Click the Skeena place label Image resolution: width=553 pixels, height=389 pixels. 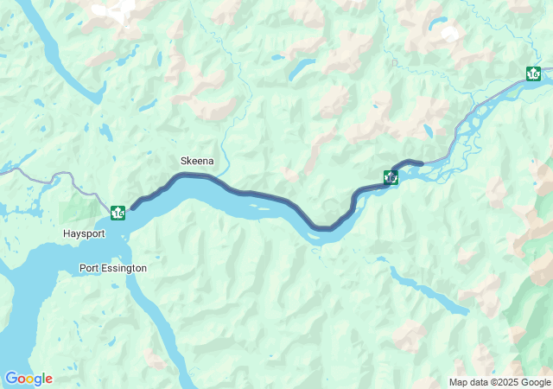tap(197, 161)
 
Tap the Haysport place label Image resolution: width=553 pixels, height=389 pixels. tap(84, 233)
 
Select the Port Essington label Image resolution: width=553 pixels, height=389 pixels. tap(112, 268)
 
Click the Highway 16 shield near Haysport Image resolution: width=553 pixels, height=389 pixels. tap(118, 211)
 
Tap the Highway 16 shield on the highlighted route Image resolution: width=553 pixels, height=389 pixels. tap(391, 177)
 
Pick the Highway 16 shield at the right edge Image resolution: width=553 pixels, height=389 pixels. tap(534, 73)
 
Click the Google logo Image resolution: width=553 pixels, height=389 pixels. tap(29, 379)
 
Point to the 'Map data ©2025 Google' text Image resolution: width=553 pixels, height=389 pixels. tap(499, 382)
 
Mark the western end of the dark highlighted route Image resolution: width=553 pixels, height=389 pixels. tap(132, 207)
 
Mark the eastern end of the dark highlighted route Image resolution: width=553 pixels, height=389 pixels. tap(422, 163)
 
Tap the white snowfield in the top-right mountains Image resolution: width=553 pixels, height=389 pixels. tap(449, 34)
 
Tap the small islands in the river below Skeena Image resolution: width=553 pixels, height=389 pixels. tap(259, 207)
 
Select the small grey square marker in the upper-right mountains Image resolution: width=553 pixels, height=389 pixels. tap(395, 62)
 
